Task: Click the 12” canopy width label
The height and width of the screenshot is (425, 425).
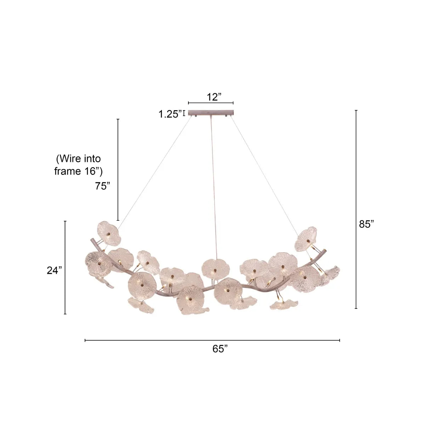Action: [214, 97]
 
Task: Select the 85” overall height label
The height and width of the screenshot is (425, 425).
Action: [366, 224]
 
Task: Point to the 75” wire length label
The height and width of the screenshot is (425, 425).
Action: [102, 186]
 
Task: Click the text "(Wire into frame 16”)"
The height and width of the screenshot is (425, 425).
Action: [79, 165]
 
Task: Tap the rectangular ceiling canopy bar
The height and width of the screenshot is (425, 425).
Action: [211, 113]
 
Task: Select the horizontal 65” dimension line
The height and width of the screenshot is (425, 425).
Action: [212, 340]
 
